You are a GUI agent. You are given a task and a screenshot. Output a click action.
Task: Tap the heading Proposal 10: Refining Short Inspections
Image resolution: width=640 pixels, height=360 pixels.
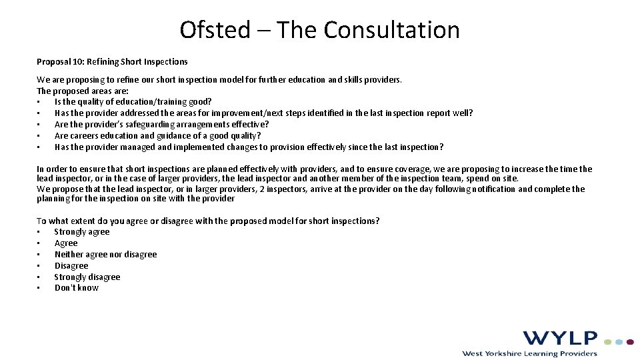coord(112,62)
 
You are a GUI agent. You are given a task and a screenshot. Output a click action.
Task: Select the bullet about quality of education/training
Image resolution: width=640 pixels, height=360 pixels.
coord(133,102)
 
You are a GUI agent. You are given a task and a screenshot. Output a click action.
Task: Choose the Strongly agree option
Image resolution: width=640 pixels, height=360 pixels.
coord(82,232)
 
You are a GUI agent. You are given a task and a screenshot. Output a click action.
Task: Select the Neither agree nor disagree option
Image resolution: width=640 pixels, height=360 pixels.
coord(105,255)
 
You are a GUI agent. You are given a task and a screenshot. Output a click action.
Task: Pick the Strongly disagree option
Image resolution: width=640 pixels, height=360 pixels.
coord(87,277)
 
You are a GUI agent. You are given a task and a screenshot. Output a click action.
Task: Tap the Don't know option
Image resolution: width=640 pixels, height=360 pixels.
coord(76,288)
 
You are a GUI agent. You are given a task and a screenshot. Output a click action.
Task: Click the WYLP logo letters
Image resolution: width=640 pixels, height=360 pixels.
coord(560,338)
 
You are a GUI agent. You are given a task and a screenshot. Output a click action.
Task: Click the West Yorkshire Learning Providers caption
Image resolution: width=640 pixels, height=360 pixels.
coord(529,353)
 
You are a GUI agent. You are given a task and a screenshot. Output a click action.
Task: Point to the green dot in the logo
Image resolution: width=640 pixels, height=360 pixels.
coord(608,341)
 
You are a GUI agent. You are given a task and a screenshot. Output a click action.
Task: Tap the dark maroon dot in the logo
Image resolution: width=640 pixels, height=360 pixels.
coord(630,341)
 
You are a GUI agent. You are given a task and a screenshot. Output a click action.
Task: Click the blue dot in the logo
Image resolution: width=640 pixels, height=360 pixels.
coord(619,341)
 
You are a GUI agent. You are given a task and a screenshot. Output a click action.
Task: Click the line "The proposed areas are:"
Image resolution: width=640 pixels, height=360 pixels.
coord(83,91)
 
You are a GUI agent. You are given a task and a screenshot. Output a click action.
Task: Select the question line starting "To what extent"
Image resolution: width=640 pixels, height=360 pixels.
coord(208,221)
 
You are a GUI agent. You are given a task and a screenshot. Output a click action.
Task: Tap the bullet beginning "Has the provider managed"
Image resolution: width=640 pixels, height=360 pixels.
coord(249,147)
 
